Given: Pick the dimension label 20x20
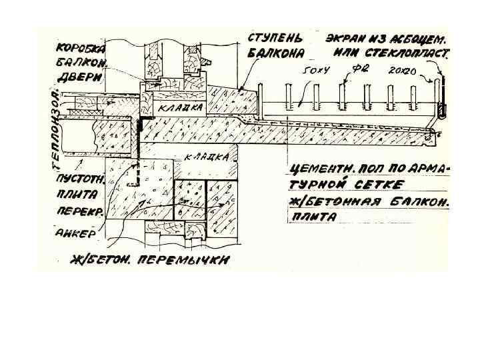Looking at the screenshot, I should pos(402,69).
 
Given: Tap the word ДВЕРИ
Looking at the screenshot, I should pos(79,77).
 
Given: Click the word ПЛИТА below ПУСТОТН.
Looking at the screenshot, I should pos(76,195).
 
